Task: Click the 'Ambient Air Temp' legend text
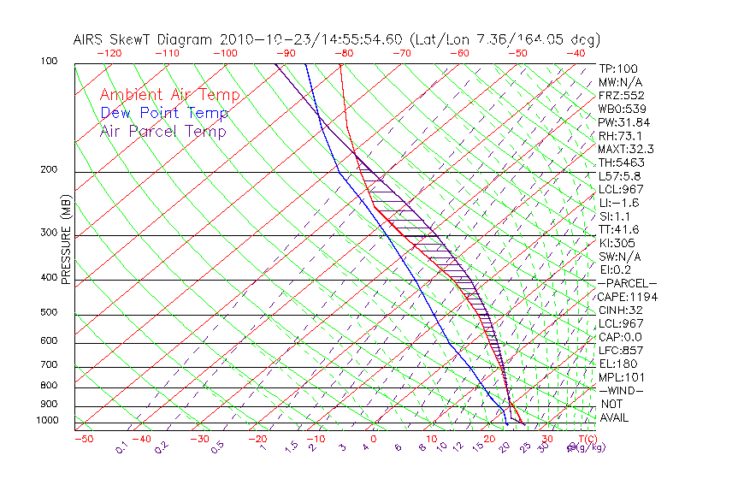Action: pyautogui.click(x=169, y=95)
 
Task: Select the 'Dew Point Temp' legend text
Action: pyautogui.click(x=164, y=113)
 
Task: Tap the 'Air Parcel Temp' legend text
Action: pyautogui.click(x=162, y=131)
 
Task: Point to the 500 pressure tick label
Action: pyautogui.click(x=49, y=313)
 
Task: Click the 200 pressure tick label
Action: pyautogui.click(x=49, y=170)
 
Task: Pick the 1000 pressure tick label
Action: pyautogui.click(x=46, y=421)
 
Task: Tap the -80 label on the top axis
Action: pyautogui.click(x=344, y=52)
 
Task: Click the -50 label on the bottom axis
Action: pyautogui.click(x=83, y=439)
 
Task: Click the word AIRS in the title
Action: pyautogui.click(x=88, y=39)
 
